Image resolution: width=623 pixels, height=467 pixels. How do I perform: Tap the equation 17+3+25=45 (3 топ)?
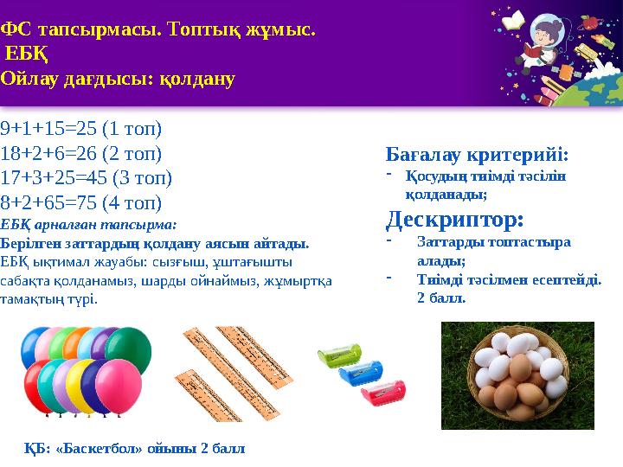pyautogui.click(x=87, y=179)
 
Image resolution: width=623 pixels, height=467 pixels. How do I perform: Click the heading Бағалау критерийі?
pyautogui.click(x=477, y=156)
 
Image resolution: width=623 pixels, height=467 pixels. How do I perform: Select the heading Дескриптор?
pyautogui.click(x=455, y=217)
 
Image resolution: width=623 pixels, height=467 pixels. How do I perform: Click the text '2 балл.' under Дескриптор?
pyautogui.click(x=441, y=297)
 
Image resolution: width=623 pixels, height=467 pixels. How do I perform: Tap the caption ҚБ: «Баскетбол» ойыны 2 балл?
pyautogui.click(x=135, y=449)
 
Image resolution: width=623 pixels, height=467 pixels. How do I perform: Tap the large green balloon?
pyautogui.click(x=129, y=349)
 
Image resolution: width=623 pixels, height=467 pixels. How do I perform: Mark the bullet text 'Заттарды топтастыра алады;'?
pyautogui.click(x=493, y=251)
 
